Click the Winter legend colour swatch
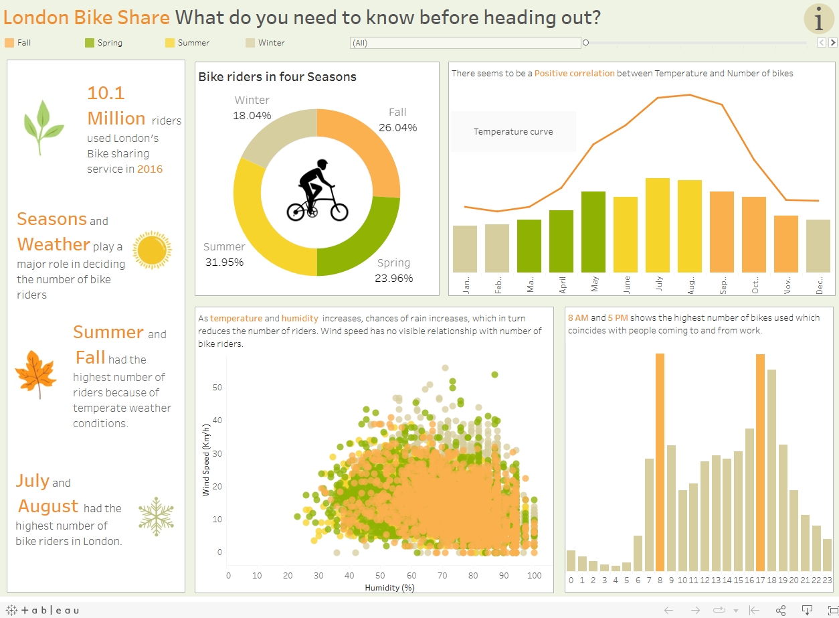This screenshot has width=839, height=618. click(250, 43)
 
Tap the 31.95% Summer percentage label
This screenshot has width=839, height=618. click(224, 262)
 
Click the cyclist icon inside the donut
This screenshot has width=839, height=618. click(317, 191)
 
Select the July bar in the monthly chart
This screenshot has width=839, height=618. click(658, 225)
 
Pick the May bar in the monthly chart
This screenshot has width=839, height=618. click(593, 232)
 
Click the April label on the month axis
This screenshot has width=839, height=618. click(562, 285)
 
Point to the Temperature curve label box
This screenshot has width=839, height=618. click(513, 132)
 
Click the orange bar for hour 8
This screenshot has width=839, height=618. click(660, 461)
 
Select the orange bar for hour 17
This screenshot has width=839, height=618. click(760, 461)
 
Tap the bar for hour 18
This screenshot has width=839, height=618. click(771, 469)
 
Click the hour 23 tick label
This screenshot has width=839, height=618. click(827, 581)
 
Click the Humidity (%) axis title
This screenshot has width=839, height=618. click(389, 588)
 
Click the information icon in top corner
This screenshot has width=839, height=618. click(818, 19)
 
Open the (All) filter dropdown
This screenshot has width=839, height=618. click(465, 43)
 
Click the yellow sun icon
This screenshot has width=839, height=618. click(152, 250)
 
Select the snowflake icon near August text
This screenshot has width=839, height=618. click(156, 516)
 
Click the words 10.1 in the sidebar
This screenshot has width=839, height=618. click(106, 93)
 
